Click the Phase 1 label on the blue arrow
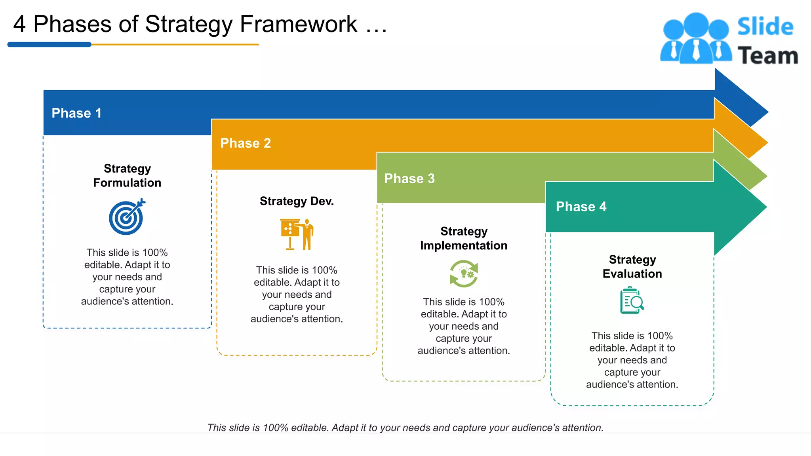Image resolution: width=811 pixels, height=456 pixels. (76, 113)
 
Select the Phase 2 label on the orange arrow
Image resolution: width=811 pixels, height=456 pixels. (246, 143)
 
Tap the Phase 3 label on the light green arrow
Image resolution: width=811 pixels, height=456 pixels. (409, 179)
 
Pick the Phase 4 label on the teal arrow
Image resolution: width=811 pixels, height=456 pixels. (581, 207)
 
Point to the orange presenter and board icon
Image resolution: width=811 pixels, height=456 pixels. (297, 234)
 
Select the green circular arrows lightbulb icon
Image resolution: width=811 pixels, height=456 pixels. (464, 274)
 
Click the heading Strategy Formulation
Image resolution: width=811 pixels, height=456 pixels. (127, 175)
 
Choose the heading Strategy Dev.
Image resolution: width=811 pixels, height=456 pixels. (297, 201)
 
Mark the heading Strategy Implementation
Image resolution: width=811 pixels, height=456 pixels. (464, 238)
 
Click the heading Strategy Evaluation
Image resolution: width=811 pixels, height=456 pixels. (632, 266)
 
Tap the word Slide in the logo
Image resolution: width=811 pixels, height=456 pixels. (765, 27)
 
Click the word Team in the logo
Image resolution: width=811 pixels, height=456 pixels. (767, 55)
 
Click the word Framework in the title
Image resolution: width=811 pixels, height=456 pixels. (299, 24)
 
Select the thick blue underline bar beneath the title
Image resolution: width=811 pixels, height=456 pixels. (49, 45)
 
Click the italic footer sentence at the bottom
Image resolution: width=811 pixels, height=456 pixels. (405, 427)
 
